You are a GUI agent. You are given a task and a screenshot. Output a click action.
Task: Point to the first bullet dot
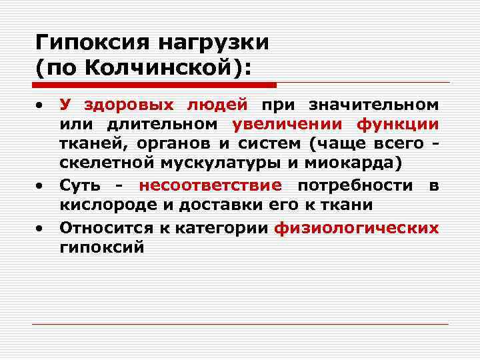tap(41, 106)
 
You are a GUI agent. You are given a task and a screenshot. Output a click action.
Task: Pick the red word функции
tap(397, 124)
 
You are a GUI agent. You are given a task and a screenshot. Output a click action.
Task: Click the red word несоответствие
tap(211, 185)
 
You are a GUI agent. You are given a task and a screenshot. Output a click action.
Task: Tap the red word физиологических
tap(357, 227)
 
